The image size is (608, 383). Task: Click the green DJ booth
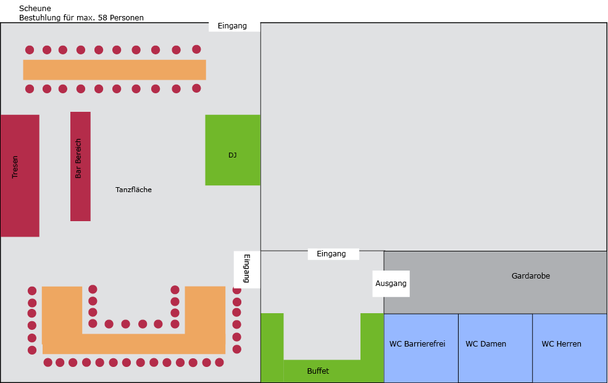point(233,149)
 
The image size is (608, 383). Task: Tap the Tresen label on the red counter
point(15,167)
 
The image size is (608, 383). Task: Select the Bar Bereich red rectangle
point(80,166)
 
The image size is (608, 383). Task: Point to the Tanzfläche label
point(133,190)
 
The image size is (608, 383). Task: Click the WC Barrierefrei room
point(421,348)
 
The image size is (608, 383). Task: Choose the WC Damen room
point(495,348)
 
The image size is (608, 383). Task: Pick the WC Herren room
point(570,348)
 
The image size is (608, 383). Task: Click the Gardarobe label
point(530,276)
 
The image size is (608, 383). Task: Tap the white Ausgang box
point(391,284)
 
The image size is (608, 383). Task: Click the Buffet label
point(318,371)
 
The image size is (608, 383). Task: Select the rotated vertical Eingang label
point(247,269)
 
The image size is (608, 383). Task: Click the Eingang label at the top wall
point(232,26)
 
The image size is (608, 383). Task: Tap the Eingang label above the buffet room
point(331,254)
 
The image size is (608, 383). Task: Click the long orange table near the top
point(114,70)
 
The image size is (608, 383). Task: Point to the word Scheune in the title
point(35,8)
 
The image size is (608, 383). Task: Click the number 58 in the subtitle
point(102,18)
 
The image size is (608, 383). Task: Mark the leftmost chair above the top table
point(30,49)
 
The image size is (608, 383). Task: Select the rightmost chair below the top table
point(196,88)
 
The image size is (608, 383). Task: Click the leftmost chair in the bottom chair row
point(48,363)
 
